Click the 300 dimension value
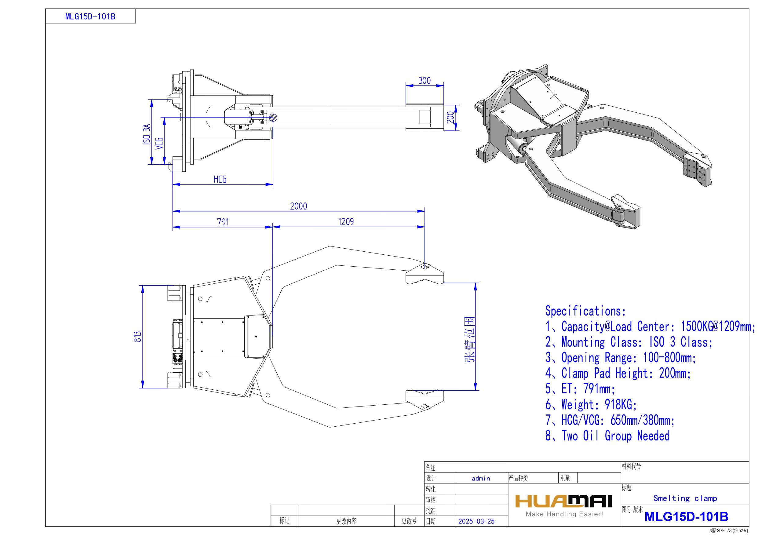pyautogui.click(x=424, y=81)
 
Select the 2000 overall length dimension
pyautogui.click(x=298, y=206)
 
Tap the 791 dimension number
pyautogui.click(x=223, y=222)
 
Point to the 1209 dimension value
pyautogui.click(x=346, y=222)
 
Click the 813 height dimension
pyautogui.click(x=137, y=337)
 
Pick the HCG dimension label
pyautogui.click(x=220, y=179)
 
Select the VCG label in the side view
pyautogui.click(x=159, y=143)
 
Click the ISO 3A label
pyautogui.click(x=146, y=134)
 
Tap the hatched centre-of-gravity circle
pyautogui.click(x=273, y=117)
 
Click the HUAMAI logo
pyautogui.click(x=564, y=501)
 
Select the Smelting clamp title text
pyautogui.click(x=685, y=498)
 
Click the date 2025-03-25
pyautogui.click(x=476, y=521)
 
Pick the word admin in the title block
pyautogui.click(x=481, y=478)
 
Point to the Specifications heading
pyautogui.click(x=585, y=311)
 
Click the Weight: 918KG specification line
pyautogui.click(x=591, y=405)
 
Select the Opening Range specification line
pyautogui.click(x=621, y=358)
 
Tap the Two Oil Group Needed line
pyautogui.click(x=607, y=436)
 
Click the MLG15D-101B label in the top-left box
pyautogui.click(x=90, y=16)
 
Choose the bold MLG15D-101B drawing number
pyautogui.click(x=686, y=516)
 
